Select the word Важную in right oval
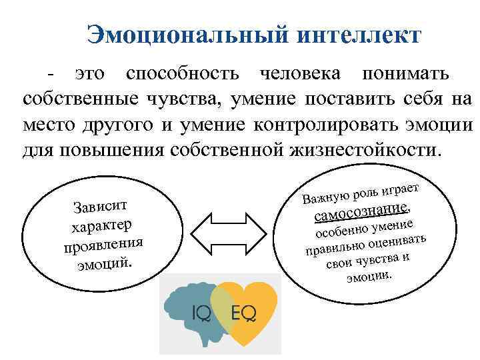tap(324, 196)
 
